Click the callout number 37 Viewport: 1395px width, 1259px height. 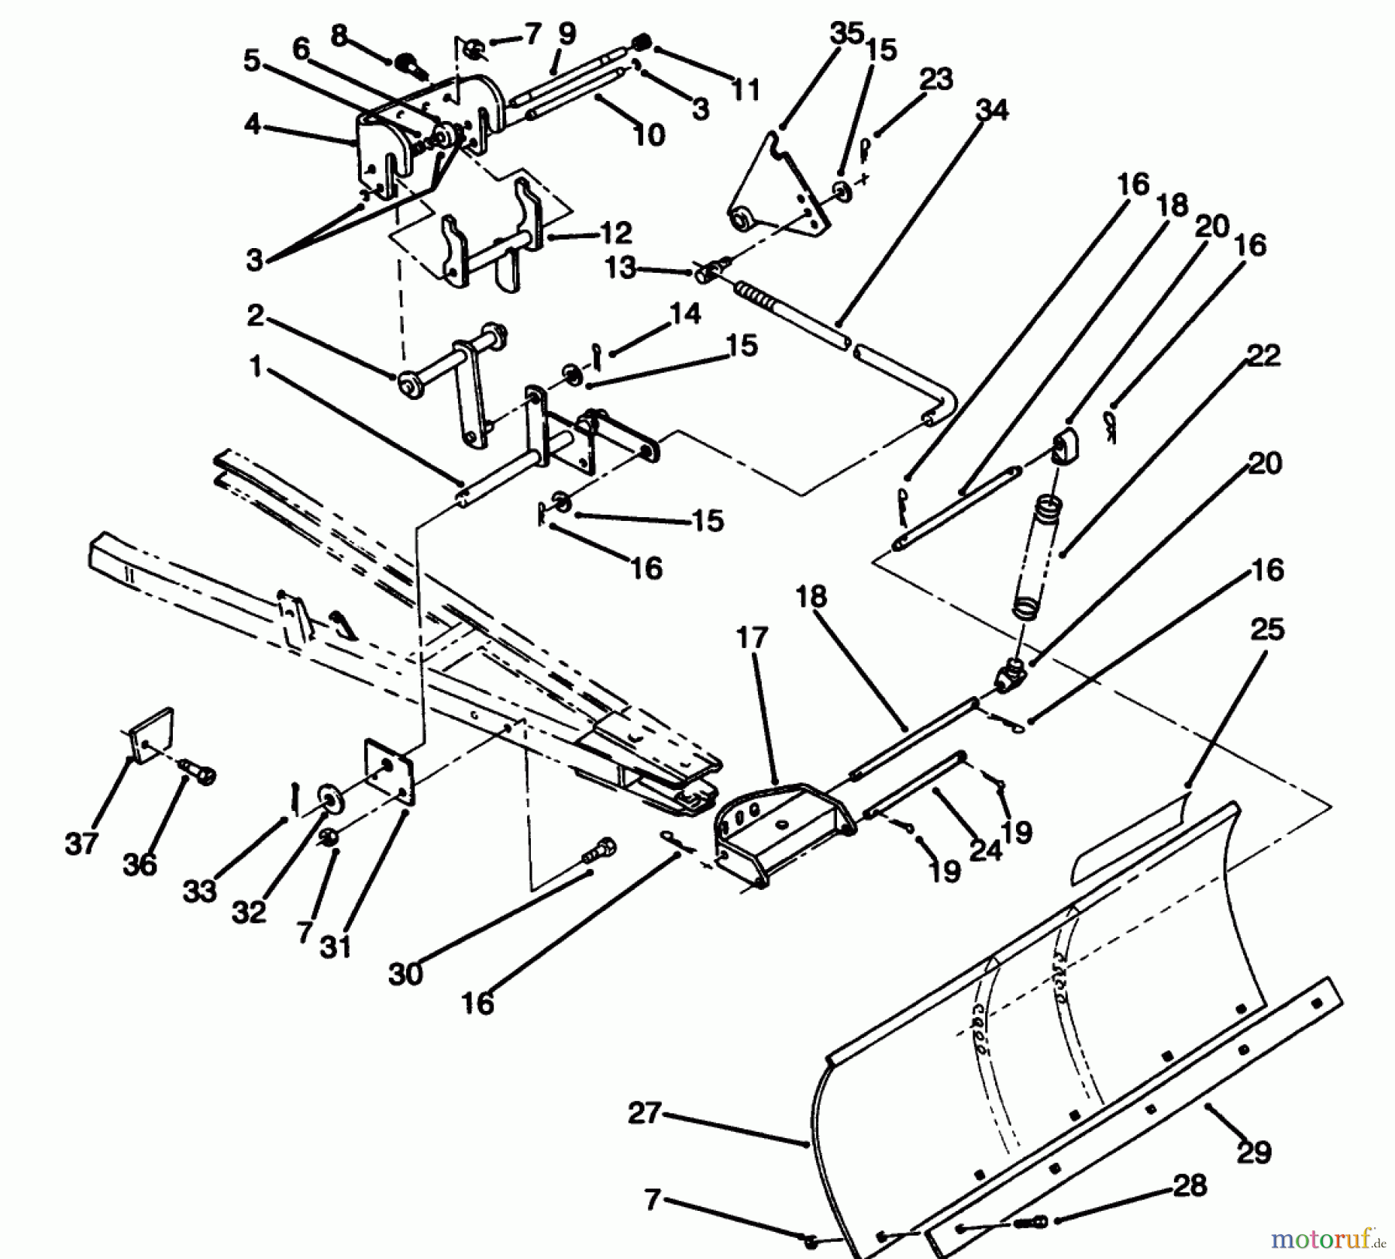point(81,844)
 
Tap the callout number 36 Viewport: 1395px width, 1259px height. point(139,864)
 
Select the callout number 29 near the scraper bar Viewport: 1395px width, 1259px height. point(1254,1152)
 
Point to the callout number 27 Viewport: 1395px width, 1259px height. point(644,1114)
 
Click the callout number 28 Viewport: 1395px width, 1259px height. point(1190,1185)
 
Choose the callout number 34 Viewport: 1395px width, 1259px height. point(992,110)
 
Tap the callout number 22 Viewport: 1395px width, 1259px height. point(1263,356)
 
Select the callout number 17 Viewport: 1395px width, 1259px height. point(751,638)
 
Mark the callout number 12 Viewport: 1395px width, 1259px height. point(616,233)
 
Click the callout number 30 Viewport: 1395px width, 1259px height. point(405,974)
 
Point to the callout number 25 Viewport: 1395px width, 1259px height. point(1267,629)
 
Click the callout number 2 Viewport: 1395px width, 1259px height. point(255,316)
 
